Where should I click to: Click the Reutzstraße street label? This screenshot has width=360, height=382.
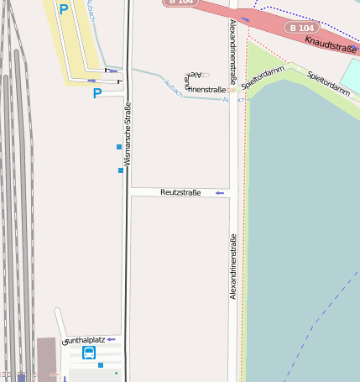pyautogui.click(x=180, y=193)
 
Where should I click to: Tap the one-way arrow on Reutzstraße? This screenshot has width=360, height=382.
pyautogui.click(x=220, y=193)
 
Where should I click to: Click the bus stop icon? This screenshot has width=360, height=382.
pyautogui.click(x=88, y=353)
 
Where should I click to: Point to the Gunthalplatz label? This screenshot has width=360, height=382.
pyautogui.click(x=83, y=340)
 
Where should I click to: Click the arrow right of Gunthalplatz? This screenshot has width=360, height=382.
pyautogui.click(x=110, y=339)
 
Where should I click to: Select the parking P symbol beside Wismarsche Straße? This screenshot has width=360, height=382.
pyautogui.click(x=97, y=94)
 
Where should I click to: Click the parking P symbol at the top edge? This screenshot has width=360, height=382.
pyautogui.click(x=64, y=9)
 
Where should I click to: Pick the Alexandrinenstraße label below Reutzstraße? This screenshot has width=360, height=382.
pyautogui.click(x=233, y=266)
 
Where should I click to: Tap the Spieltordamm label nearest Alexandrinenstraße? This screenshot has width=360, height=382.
pyautogui.click(x=263, y=77)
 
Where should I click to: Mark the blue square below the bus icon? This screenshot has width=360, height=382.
pyautogui.click(x=101, y=365)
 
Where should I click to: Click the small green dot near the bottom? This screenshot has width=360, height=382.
pyautogui.click(x=117, y=371)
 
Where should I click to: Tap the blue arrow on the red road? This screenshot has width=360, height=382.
pyautogui.click(x=245, y=18)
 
